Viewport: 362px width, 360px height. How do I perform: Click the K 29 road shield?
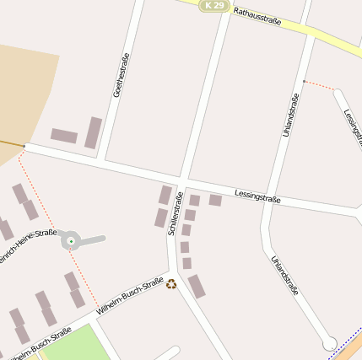click(214, 6)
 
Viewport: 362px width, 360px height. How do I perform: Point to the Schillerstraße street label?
click(176, 213)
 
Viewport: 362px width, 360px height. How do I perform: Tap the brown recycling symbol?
click(171, 284)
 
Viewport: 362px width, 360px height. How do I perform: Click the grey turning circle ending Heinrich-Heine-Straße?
click(71, 241)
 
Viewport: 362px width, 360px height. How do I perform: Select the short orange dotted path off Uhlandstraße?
click(319, 84)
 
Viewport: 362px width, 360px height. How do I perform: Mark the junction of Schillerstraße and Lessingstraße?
click(182, 181)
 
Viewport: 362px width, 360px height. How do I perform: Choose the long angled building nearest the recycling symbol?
click(196, 287)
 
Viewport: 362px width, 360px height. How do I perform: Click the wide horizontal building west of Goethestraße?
click(64, 136)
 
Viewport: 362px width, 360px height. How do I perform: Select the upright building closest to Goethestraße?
click(93, 132)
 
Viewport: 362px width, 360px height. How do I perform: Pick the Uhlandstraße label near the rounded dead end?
click(285, 276)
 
